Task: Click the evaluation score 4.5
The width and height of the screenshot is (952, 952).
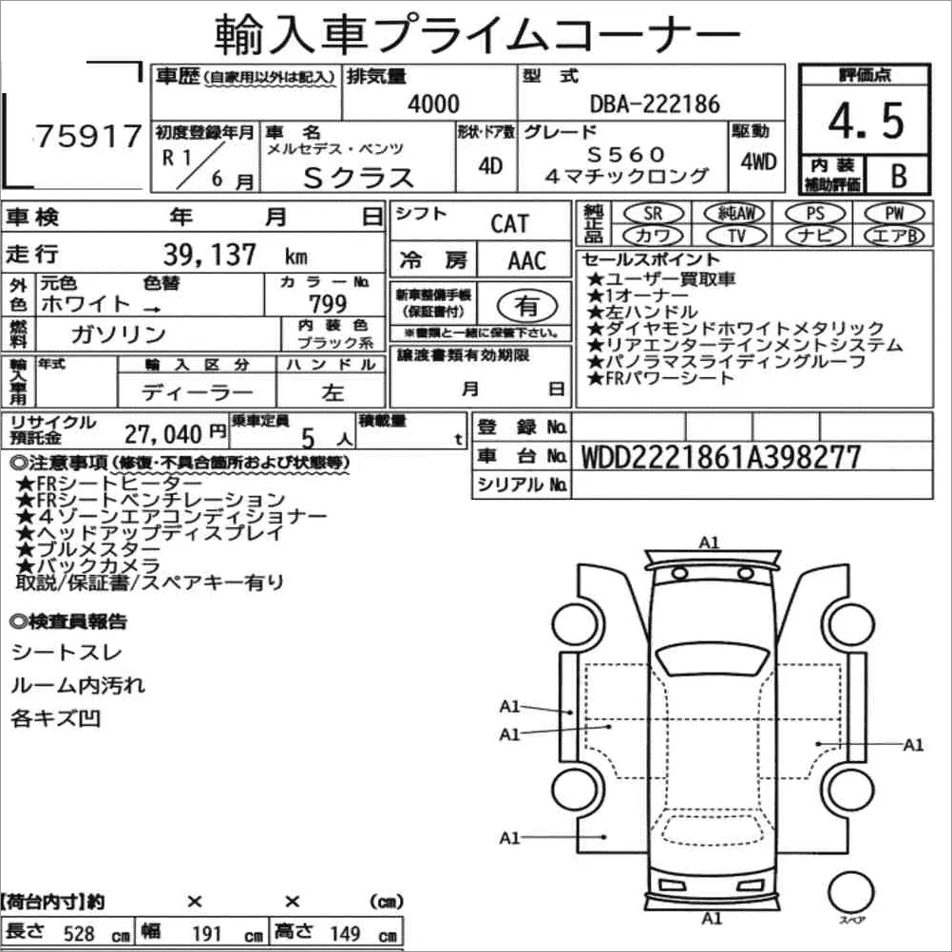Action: (866, 121)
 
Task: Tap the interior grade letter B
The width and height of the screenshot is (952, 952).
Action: (899, 176)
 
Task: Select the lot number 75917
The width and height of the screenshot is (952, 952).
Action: (88, 136)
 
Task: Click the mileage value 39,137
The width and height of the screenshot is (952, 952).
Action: (209, 254)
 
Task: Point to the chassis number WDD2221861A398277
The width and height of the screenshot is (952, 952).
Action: (721, 457)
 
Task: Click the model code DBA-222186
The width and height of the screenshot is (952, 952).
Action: (656, 105)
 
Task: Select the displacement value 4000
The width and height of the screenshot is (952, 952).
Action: (433, 105)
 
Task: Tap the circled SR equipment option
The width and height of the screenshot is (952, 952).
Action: (654, 213)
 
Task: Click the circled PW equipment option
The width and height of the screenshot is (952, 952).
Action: (894, 213)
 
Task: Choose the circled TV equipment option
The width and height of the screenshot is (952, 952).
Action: (736, 235)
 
